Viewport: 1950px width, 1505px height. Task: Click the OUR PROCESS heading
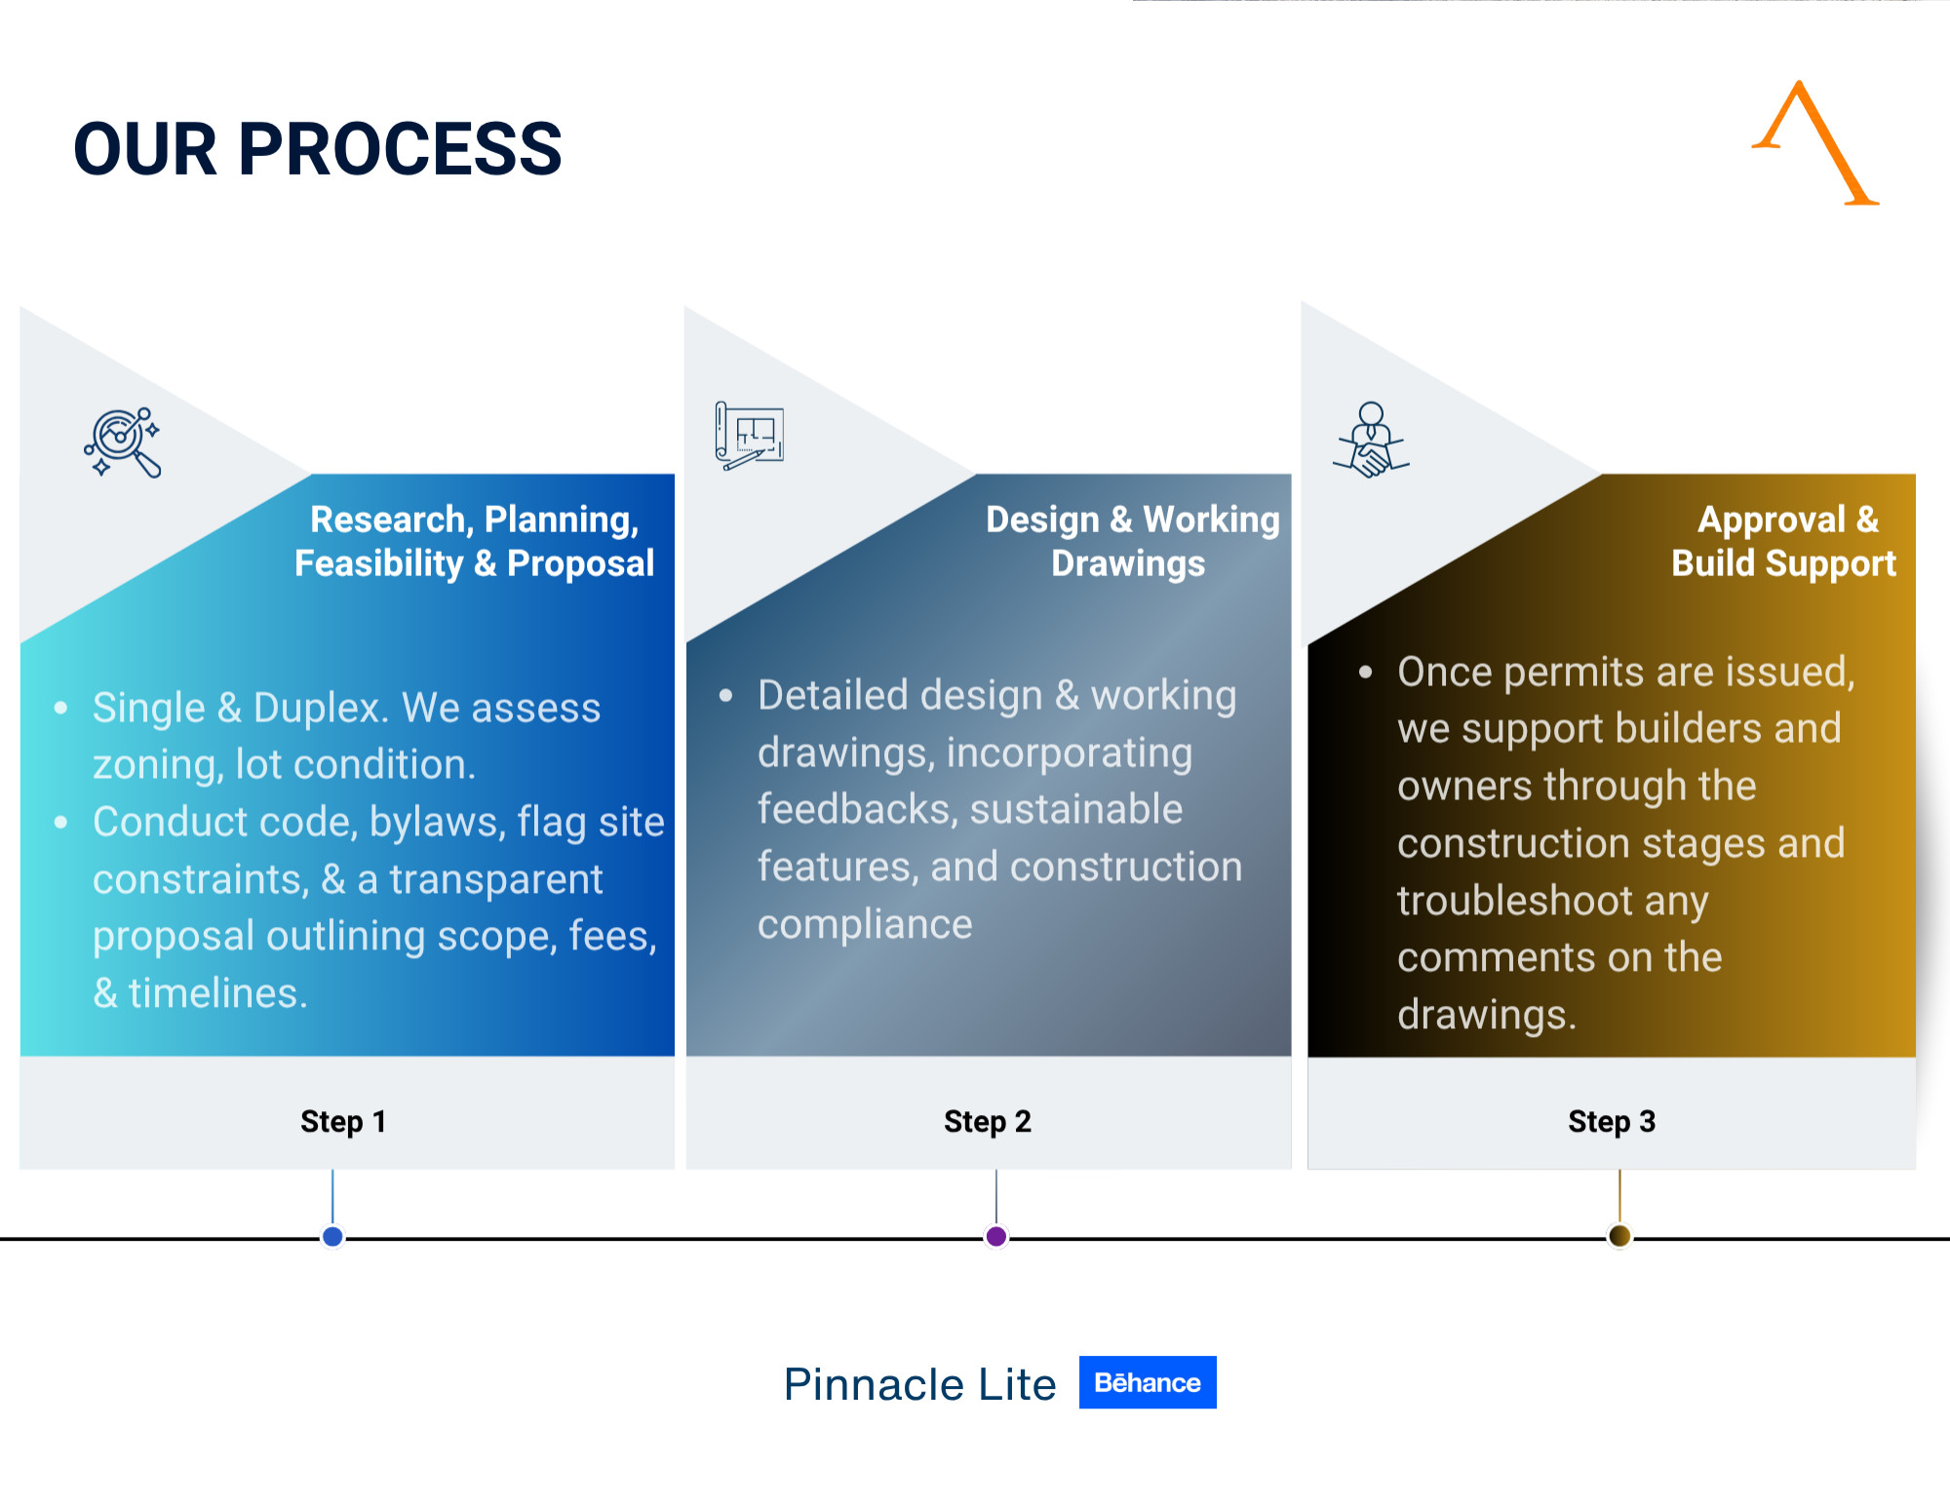click(x=318, y=149)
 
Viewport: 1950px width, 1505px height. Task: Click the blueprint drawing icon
click(x=749, y=436)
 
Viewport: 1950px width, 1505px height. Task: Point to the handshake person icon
click(x=1371, y=440)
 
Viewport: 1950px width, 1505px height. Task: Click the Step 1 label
click(x=343, y=1122)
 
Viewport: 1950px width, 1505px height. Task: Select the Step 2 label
click(x=988, y=1122)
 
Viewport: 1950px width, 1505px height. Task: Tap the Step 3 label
click(x=1612, y=1122)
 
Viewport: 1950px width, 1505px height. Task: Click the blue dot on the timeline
click(x=332, y=1237)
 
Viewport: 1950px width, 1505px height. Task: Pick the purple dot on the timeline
click(x=995, y=1237)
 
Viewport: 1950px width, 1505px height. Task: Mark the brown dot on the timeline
click(x=1619, y=1236)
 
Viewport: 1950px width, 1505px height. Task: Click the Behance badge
click(x=1148, y=1382)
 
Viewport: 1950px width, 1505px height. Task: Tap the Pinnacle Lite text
click(x=920, y=1384)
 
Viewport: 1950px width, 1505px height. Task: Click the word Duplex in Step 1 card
click(x=321, y=710)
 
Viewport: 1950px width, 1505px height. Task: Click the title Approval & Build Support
click(x=1784, y=542)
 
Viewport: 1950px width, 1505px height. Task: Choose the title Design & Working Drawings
click(x=1132, y=542)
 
